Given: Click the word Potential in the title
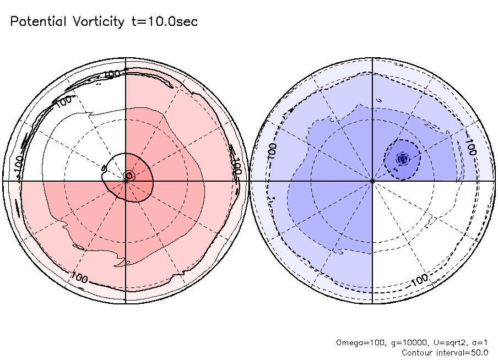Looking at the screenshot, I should click(38, 22).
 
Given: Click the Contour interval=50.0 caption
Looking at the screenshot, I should click(445, 352).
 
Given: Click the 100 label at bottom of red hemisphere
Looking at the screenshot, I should click(79, 277).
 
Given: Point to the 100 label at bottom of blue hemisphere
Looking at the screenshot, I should click(420, 279).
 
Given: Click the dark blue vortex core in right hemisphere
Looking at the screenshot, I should click(403, 159).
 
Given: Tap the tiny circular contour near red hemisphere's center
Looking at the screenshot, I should click(129, 175).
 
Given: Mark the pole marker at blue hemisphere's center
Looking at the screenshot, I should click(373, 180).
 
